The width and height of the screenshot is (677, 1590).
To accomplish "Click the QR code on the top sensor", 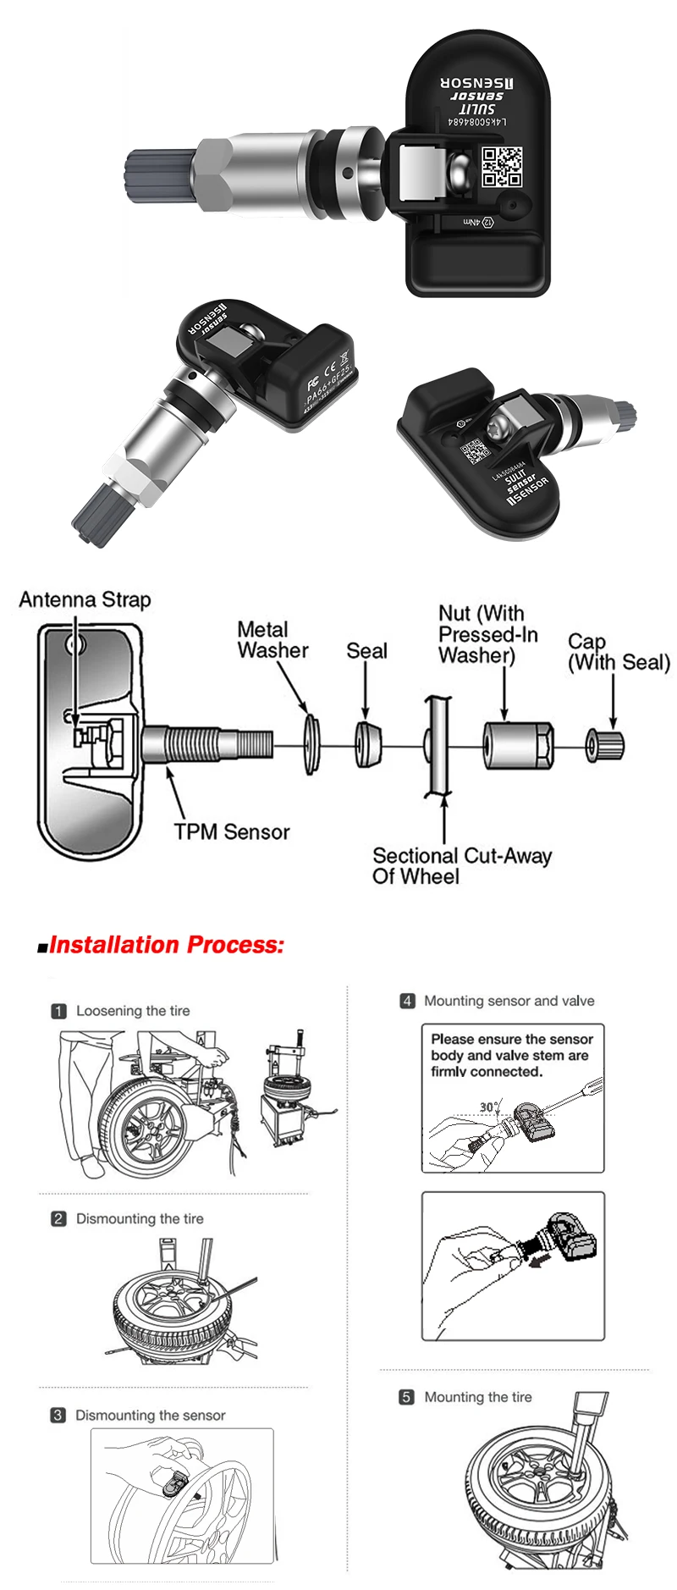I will point(502,167).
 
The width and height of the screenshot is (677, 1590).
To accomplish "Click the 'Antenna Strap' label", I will point(85,600).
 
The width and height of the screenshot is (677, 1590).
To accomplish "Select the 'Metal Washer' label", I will point(272,640).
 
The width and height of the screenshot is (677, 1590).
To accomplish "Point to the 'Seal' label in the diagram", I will point(366,651).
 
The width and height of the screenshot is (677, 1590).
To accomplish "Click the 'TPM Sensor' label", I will point(232,832).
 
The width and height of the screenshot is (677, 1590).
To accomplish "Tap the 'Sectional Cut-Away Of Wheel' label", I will point(461,866).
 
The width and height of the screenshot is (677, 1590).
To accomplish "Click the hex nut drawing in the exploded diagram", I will point(517,745).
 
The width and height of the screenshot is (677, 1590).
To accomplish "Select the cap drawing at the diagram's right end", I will point(606,745).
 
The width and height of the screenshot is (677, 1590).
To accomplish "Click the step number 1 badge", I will point(58,1011).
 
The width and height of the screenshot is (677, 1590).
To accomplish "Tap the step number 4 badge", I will point(407,1001).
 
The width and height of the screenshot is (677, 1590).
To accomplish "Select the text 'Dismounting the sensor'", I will point(151,1415).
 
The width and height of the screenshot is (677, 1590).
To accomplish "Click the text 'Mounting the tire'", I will point(478,1397).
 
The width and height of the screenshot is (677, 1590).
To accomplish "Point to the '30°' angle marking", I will point(490,1107).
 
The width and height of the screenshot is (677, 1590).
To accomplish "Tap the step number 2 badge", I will point(58,1218).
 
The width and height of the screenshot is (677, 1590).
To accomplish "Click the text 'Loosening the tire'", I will point(133,1011).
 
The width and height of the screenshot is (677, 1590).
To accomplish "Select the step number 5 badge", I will point(407,1397).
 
